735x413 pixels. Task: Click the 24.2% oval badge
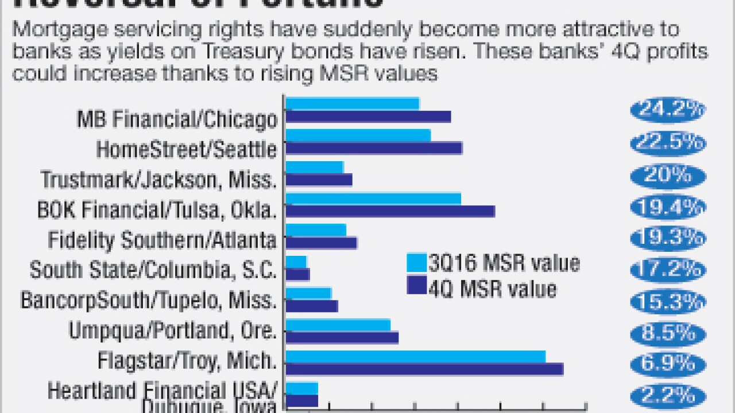pos(667,110)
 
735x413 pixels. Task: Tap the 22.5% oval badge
pos(667,142)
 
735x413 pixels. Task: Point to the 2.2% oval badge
pos(667,396)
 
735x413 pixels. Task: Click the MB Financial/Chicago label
pos(177,120)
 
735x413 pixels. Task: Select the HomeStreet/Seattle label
pos(187,150)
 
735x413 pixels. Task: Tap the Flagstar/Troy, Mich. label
pos(187,362)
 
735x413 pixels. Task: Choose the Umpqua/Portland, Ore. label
pos(173,331)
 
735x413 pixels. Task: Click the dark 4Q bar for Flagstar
pos(424,369)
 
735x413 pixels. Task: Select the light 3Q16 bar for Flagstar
pos(415,357)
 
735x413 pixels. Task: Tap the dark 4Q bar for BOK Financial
pos(390,211)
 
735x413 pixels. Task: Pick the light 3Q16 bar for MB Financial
pos(353,104)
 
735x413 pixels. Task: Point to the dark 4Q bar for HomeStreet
pos(374,148)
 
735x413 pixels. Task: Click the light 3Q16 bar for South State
pos(296,262)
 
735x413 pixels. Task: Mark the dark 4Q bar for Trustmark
pos(319,180)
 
